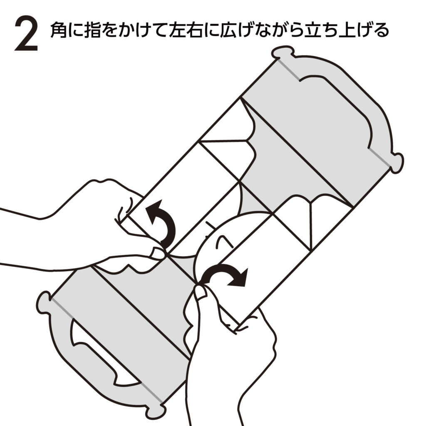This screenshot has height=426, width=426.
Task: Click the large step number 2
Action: [26, 33]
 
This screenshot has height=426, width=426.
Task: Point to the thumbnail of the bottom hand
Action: [201, 293]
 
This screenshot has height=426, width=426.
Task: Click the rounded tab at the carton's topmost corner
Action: [283, 52]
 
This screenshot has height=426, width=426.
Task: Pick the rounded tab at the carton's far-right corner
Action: [397, 163]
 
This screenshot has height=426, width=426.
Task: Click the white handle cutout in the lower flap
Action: [98, 353]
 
